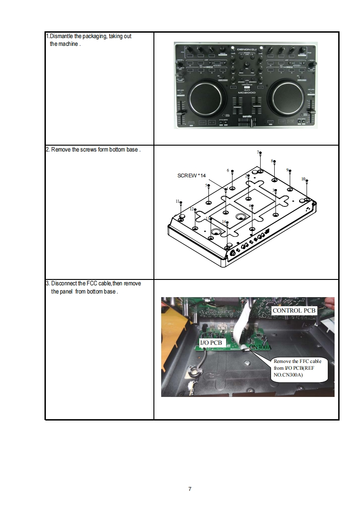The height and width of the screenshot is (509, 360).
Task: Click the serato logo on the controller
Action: coord(246,116)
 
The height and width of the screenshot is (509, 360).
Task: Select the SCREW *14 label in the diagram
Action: coord(191,175)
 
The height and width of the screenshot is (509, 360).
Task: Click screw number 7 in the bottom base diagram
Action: coord(260,154)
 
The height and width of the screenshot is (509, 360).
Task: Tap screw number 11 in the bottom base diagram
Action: coord(181,203)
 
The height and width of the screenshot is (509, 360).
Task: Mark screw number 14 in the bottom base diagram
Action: coord(227,223)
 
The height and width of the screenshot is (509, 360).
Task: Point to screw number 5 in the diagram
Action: coord(208,186)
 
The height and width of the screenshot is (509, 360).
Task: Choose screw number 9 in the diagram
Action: coord(290,171)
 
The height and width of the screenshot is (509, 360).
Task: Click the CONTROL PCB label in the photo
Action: coord(293,311)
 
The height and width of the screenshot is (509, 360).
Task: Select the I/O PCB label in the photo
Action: coord(211,343)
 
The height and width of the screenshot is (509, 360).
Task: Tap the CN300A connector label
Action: coord(261,347)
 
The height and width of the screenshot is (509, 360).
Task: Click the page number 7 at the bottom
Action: coord(190,489)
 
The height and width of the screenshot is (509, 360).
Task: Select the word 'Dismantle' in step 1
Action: coord(62,36)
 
